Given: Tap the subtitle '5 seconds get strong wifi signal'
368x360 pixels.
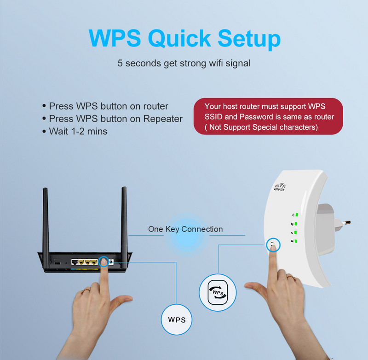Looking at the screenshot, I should coord(184,63).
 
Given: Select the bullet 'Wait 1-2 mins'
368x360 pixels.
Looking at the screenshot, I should coord(78,131).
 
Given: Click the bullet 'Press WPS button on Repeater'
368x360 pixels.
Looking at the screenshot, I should coord(115,119).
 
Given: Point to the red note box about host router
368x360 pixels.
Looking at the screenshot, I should coord(268,116).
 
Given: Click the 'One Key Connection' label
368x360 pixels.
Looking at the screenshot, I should coord(185,229).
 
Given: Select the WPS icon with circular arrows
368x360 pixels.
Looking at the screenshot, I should coord(218,292).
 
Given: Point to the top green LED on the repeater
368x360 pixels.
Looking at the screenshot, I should coord(297,215).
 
